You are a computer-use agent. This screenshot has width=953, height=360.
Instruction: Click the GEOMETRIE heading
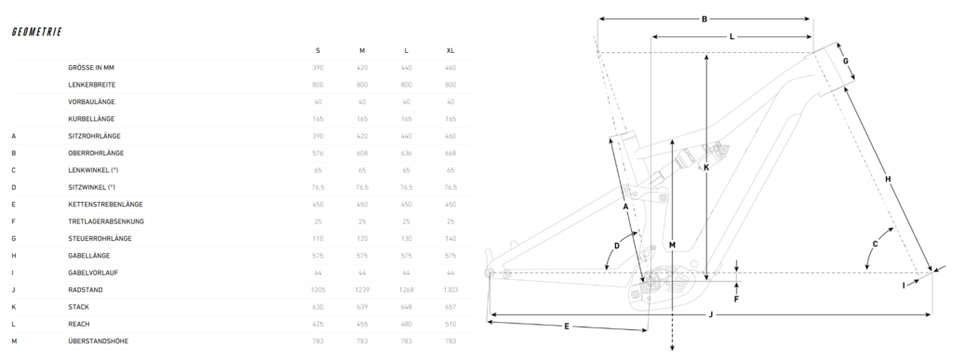click(x=36, y=33)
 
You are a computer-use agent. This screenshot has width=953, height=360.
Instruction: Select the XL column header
click(x=450, y=50)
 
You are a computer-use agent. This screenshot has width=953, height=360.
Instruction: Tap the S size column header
click(x=318, y=50)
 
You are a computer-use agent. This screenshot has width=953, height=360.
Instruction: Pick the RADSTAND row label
click(x=86, y=290)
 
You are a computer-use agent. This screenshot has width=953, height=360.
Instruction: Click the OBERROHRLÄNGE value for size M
click(x=362, y=153)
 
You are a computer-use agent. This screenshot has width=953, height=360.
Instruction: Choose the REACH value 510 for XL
click(x=450, y=324)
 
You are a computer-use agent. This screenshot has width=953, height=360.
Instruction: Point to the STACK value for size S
click(x=318, y=307)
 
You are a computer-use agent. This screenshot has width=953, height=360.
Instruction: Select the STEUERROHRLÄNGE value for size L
click(x=407, y=238)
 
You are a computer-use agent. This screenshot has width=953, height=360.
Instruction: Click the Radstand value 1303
click(x=450, y=290)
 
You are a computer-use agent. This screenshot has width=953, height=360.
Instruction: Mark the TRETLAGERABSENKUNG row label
click(x=106, y=221)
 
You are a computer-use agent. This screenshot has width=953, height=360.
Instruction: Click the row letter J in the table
click(x=13, y=290)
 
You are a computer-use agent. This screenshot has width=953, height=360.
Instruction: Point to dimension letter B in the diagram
click(x=705, y=19)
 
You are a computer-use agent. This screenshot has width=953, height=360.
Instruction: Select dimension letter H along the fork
click(x=888, y=180)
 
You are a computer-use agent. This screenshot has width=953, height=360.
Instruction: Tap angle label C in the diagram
click(x=875, y=244)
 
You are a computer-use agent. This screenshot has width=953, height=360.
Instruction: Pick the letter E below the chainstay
click(x=567, y=327)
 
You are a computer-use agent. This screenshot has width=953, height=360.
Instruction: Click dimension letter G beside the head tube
click(x=845, y=60)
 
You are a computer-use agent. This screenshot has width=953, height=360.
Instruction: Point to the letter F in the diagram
click(x=736, y=299)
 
